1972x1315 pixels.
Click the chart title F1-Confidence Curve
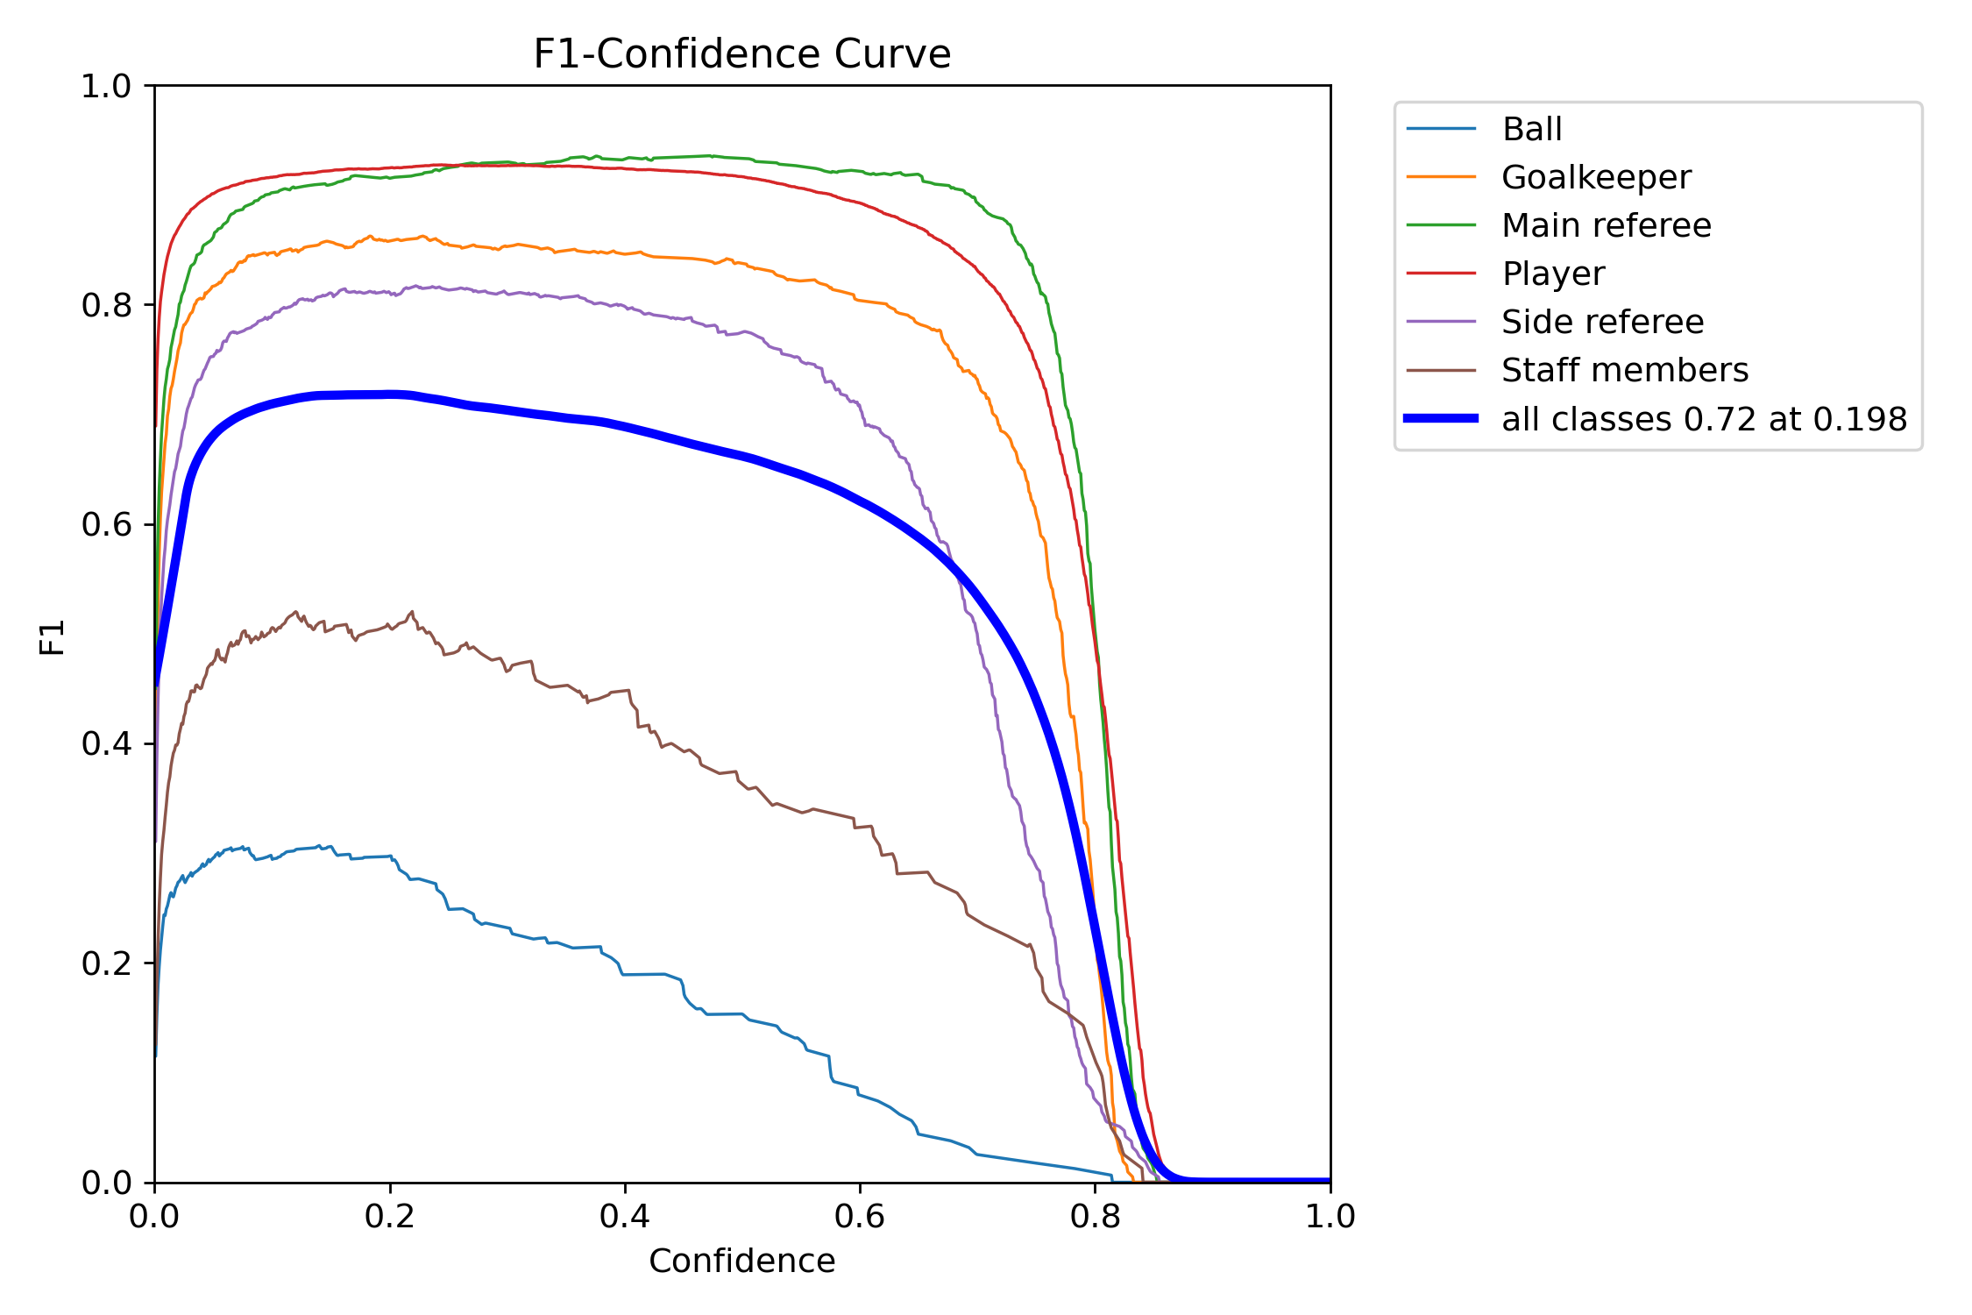[741, 54]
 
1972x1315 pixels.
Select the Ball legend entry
[1531, 130]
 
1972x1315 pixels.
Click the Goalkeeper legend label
[1596, 178]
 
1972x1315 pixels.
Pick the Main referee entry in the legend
[1606, 226]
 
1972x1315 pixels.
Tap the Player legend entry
[1552, 274]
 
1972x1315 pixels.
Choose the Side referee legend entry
[1602, 323]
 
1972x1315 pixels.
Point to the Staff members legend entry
[1624, 371]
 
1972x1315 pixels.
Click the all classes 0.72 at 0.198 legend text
[1704, 420]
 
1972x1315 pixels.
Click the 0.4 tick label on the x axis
[625, 1217]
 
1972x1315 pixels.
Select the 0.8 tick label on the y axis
[106, 306]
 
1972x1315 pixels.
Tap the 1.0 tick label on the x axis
[1330, 1217]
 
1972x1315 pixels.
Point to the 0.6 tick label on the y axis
[106, 525]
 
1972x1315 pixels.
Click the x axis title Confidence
[741, 1262]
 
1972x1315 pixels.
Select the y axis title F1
[53, 637]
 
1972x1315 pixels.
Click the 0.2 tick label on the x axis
[390, 1217]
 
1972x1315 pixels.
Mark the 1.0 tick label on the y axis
[106, 87]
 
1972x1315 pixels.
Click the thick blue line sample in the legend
[1441, 419]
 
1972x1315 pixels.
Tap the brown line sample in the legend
[1441, 371]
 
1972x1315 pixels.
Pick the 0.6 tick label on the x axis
[860, 1217]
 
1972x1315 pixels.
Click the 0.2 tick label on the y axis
[106, 963]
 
